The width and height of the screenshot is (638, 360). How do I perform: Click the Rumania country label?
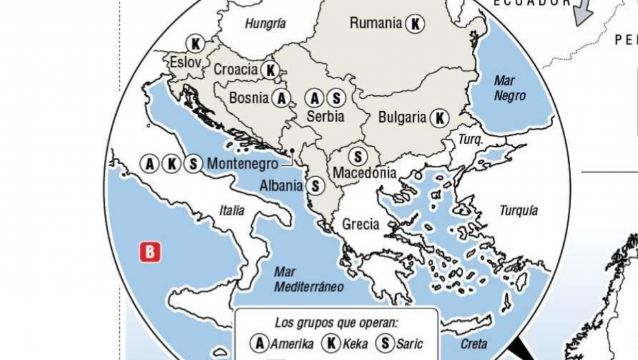pyautogui.click(x=375, y=23)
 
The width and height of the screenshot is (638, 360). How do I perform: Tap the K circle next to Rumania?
pyautogui.click(x=414, y=24)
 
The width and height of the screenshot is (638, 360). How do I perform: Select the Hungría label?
pyautogui.click(x=265, y=23)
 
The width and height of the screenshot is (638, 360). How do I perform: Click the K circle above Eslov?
pyautogui.click(x=195, y=44)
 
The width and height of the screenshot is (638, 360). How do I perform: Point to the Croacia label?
pyautogui.click(x=235, y=69)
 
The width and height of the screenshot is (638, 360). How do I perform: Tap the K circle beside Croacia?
pyautogui.click(x=270, y=70)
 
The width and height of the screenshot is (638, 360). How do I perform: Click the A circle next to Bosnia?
pyautogui.click(x=281, y=98)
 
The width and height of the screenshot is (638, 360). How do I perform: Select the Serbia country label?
pyautogui.click(x=325, y=117)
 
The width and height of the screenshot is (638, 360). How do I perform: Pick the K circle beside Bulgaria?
pyautogui.click(x=439, y=117)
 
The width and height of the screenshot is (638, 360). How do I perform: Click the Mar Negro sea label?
pyautogui.click(x=509, y=88)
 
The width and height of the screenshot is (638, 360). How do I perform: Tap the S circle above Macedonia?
pyautogui.click(x=357, y=156)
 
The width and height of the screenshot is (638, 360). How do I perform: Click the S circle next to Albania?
pyautogui.click(x=314, y=185)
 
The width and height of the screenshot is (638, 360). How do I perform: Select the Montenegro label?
pyautogui.click(x=242, y=164)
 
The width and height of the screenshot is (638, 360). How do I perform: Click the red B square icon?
pyautogui.click(x=150, y=252)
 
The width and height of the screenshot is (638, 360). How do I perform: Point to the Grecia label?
pyautogui.click(x=360, y=224)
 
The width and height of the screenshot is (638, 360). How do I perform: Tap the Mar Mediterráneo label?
pyautogui.click(x=309, y=280)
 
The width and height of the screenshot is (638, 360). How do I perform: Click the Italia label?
pyautogui.click(x=232, y=211)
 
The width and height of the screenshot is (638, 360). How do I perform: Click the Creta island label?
pyautogui.click(x=474, y=344)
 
